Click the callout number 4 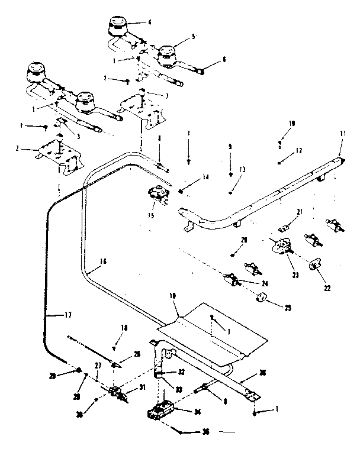click(x=149, y=22)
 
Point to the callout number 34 click(x=191, y=411)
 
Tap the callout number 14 click(x=205, y=177)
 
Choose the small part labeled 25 click(x=260, y=298)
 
